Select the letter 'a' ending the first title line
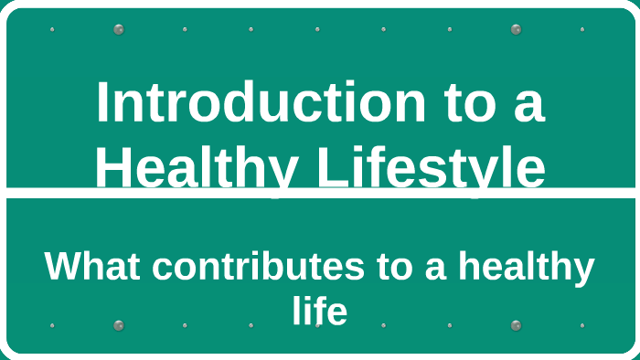coord(529,104)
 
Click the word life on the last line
coord(320,312)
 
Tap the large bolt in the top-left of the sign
coord(118,29)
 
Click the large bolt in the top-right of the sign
coord(516,29)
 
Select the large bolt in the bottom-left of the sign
coord(118,325)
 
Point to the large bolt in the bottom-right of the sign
coord(516,325)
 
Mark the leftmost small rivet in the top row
coord(52,29)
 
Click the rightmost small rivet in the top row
coord(582,29)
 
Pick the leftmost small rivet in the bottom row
coord(52,325)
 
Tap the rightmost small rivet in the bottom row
coord(582,325)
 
